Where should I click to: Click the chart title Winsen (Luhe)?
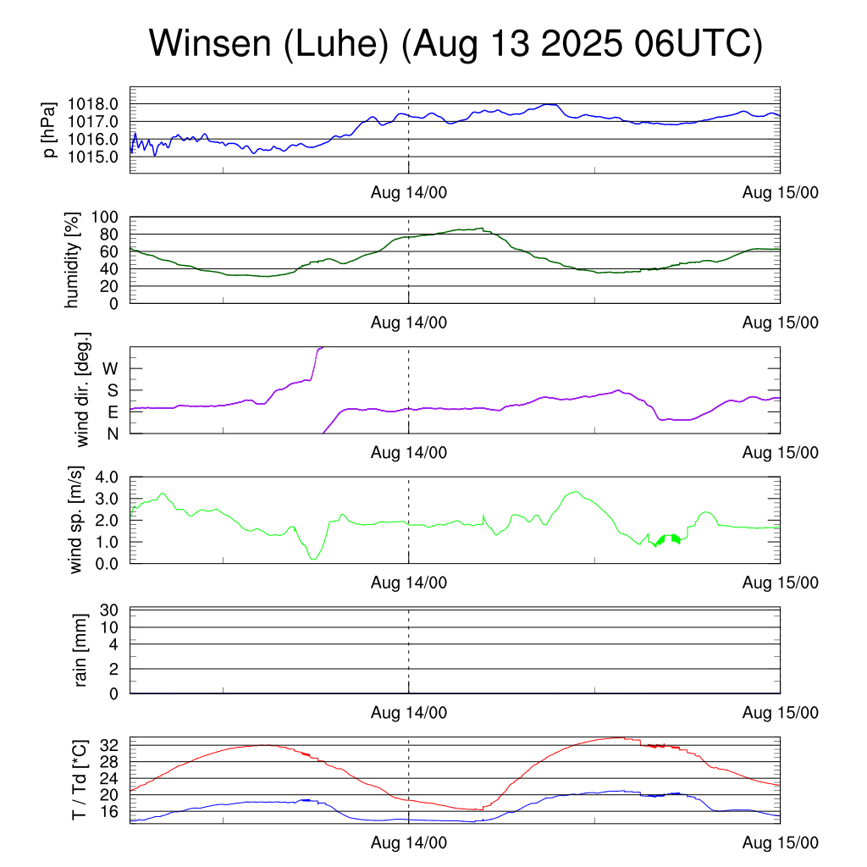coord(456,44)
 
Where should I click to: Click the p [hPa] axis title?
coord(52,130)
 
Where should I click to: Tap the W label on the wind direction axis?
coord(111,368)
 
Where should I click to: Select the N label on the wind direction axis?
coord(112,433)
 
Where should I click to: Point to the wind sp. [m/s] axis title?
coord(77,520)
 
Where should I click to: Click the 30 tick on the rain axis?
coord(109,610)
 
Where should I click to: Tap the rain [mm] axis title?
coord(81,650)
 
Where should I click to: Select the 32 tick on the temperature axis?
coord(109,745)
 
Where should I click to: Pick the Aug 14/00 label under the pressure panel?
coord(409,193)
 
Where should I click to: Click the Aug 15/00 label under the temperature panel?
coord(781,844)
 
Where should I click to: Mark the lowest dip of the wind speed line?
coord(313,559)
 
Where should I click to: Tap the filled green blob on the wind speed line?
coord(669,539)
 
